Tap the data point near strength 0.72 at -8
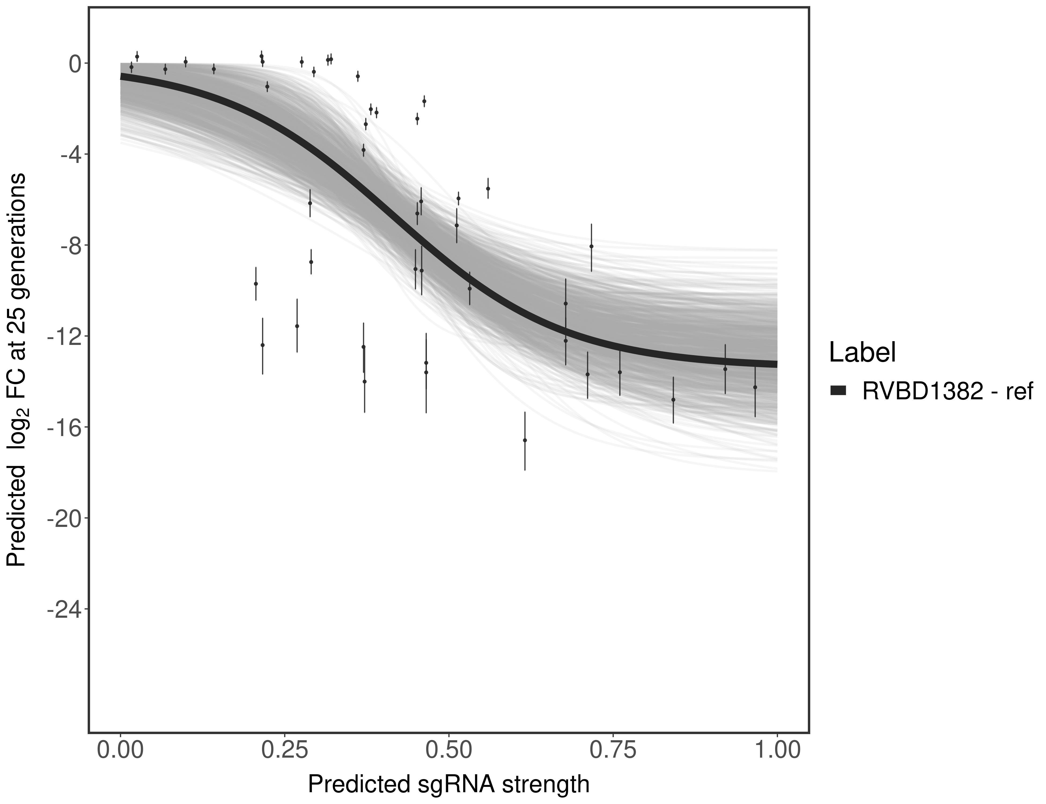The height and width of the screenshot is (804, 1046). pos(591,247)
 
